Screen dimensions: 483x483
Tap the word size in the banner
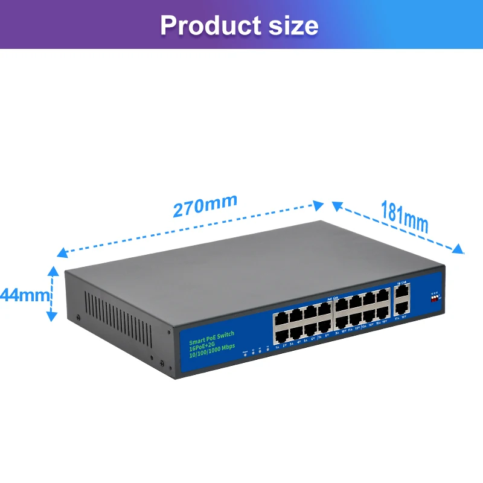click(x=291, y=25)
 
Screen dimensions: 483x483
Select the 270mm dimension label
click(x=205, y=206)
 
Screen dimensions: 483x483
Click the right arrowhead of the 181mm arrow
click(x=459, y=249)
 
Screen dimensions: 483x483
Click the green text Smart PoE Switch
click(x=211, y=334)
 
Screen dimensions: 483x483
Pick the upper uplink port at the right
click(x=401, y=293)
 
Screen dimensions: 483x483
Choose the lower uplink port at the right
click(x=400, y=306)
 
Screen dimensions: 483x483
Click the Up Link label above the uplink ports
click(x=400, y=283)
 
